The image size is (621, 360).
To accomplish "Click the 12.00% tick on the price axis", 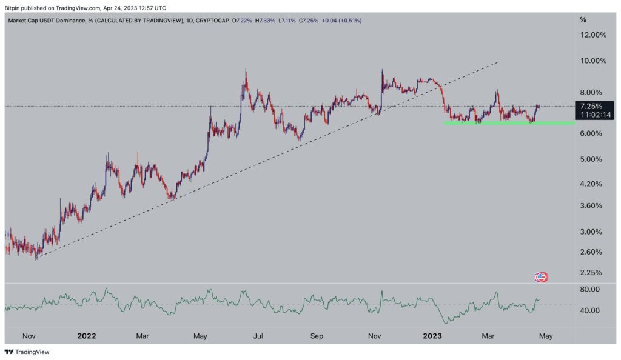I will (594, 35).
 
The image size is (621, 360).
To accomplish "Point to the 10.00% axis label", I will (594, 61).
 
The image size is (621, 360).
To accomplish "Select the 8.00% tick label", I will (592, 92).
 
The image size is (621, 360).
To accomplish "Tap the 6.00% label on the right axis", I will (592, 133).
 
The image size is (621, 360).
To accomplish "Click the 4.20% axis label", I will (592, 184).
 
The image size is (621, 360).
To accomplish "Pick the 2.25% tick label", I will (592, 272).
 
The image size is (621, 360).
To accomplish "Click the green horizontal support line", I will (509, 123).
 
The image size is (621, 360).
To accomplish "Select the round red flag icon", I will (541, 278).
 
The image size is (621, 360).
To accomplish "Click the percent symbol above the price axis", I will (583, 20).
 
